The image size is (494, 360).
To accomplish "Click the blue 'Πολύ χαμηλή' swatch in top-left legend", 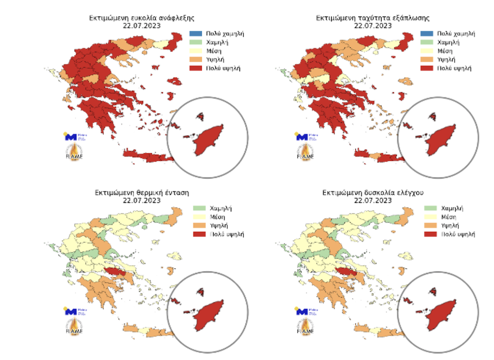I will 195,34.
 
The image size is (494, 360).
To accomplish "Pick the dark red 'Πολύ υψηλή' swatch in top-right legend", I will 426,68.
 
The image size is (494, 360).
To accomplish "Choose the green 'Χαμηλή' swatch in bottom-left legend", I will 200,208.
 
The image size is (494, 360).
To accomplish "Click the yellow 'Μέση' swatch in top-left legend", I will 195,51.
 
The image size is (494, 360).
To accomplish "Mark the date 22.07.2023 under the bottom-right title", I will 373,200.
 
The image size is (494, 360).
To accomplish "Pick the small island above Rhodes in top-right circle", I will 432,116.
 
